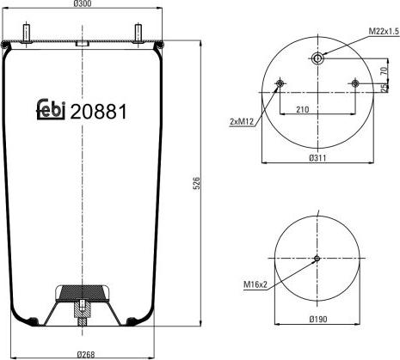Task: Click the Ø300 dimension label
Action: point(83,3)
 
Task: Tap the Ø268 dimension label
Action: point(86,355)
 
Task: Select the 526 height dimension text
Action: point(197,183)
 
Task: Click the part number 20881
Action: point(98,112)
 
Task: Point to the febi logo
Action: point(51,109)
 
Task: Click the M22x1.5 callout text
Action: point(384,32)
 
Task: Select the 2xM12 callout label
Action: point(242,122)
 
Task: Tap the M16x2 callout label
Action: point(255,284)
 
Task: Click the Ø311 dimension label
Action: point(318,157)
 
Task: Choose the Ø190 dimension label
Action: point(318,319)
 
